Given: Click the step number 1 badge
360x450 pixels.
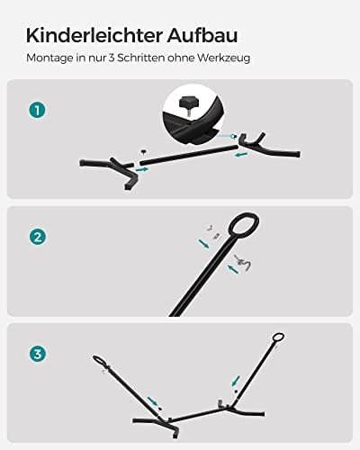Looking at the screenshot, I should click(x=36, y=110).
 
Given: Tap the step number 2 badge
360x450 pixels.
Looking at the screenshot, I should click(x=36, y=238).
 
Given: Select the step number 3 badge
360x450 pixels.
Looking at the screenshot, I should click(x=36, y=353).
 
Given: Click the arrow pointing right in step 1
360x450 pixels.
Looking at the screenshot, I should click(x=141, y=167).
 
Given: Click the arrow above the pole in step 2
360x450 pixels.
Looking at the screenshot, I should click(x=204, y=241).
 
